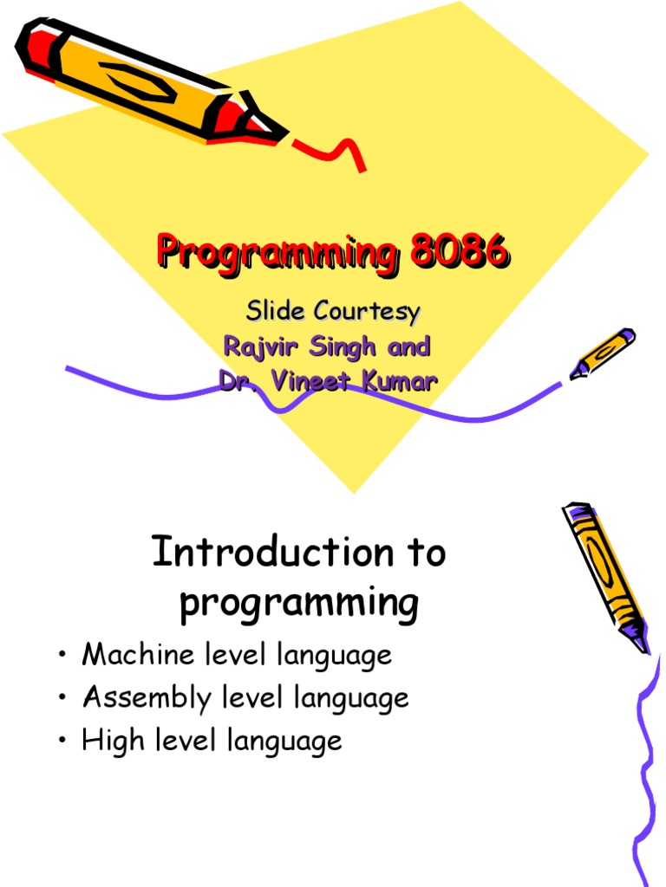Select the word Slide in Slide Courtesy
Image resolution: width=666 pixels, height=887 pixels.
276,310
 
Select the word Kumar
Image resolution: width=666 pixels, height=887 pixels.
396,381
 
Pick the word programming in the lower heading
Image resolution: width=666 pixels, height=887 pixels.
298,604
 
